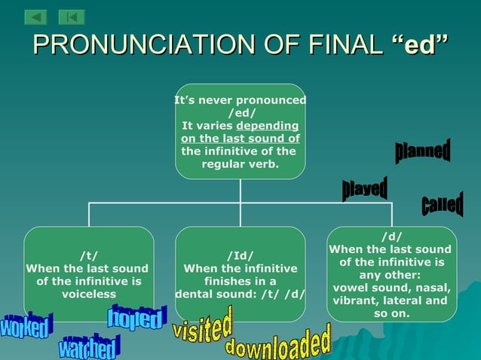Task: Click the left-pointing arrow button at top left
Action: tap(35, 17)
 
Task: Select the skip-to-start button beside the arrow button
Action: tap(71, 17)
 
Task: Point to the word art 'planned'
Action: tap(423, 151)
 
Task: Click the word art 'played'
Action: tap(365, 188)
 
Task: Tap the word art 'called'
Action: tap(442, 204)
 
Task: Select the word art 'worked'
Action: tap(26, 326)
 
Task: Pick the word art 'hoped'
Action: tap(136, 318)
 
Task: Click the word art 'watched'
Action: tap(90, 347)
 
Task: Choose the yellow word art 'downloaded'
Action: tap(279, 343)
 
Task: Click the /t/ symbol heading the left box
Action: tap(88, 255)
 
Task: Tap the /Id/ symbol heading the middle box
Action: tap(240, 255)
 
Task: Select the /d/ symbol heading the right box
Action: tap(391, 236)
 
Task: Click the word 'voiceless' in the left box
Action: tap(88, 294)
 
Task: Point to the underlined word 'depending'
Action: tap(267, 126)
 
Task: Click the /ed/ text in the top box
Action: tap(240, 113)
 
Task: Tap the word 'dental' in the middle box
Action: tap(194, 294)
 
